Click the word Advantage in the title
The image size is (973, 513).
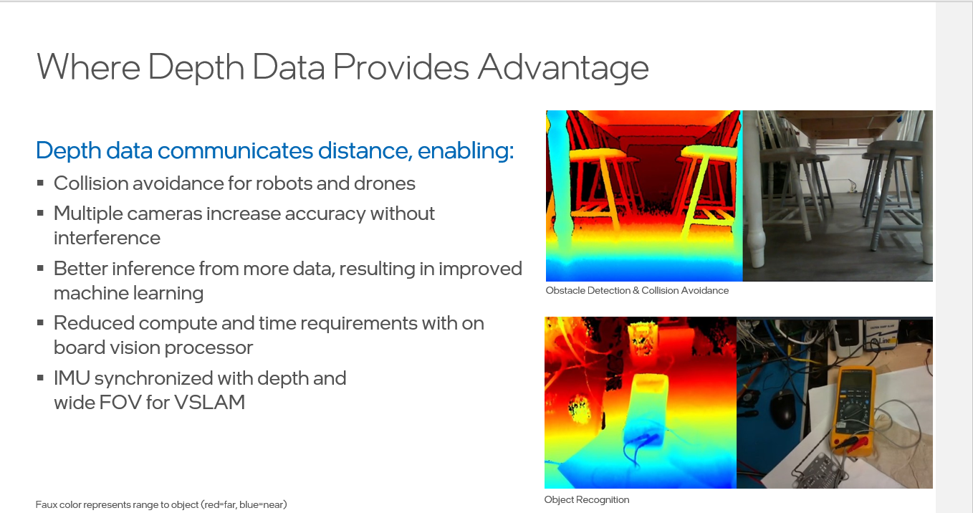(x=563, y=68)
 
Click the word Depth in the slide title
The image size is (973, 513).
(x=196, y=68)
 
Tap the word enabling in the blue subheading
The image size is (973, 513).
(x=466, y=150)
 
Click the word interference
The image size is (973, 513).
(x=107, y=238)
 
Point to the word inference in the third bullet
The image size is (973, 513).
(x=153, y=269)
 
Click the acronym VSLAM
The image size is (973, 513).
(x=209, y=402)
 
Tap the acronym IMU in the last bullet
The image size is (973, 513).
(x=72, y=378)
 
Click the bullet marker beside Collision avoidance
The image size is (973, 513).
(x=40, y=183)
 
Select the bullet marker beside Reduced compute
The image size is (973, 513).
(x=40, y=322)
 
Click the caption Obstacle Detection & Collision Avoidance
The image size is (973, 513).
(x=637, y=291)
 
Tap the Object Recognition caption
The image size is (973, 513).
(x=587, y=500)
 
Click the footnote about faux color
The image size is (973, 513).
(x=161, y=504)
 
